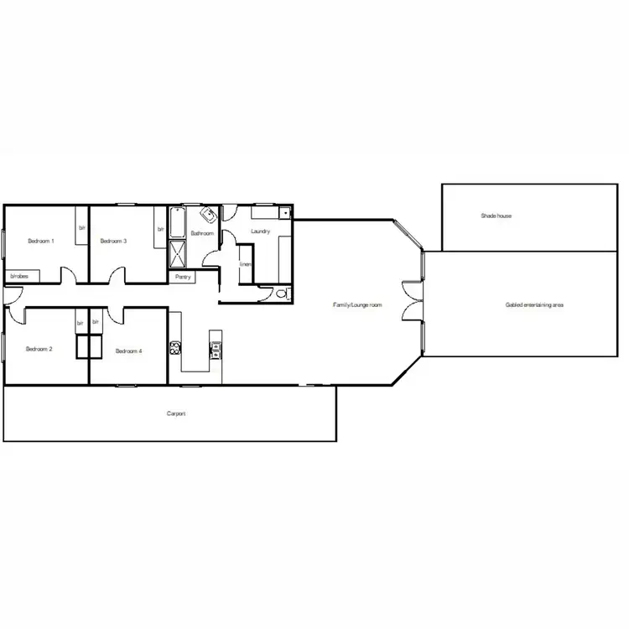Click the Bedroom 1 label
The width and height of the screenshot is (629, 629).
41,242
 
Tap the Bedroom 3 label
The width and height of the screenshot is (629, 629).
113,242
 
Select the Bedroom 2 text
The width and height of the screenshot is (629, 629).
39,349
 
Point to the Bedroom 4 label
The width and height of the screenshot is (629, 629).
128,351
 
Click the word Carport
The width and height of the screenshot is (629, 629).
176,414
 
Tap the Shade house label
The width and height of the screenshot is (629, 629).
496,216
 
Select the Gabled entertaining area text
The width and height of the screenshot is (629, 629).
534,305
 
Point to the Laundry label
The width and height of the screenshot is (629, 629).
260,231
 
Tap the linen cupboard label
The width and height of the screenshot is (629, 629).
245,264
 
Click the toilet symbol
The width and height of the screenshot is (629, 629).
282,293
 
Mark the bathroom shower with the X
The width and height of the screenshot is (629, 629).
179,253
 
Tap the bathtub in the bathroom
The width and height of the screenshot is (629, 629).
177,224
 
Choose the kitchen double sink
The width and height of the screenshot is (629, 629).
216,348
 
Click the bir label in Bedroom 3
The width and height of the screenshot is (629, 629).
159,229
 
